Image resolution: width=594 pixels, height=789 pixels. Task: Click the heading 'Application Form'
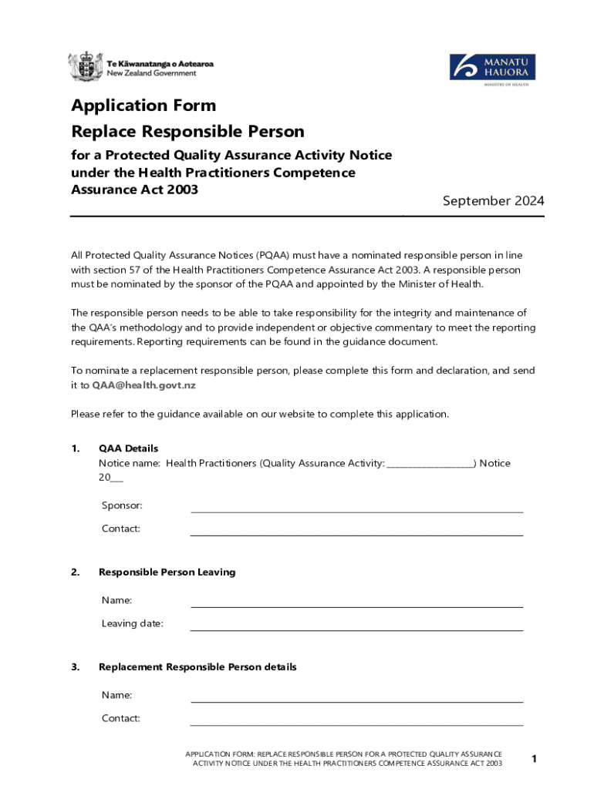click(x=143, y=106)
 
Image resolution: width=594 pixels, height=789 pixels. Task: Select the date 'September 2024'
click(x=493, y=201)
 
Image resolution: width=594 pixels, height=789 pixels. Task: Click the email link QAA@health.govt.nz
click(x=143, y=384)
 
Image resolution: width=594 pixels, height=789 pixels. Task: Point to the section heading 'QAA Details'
click(x=128, y=448)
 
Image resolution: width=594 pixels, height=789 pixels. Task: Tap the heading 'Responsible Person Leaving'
click(x=167, y=572)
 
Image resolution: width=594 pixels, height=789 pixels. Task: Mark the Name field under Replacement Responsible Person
click(x=356, y=698)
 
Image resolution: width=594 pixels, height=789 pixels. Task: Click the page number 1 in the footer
click(x=533, y=760)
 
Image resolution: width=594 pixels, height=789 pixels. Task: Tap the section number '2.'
click(x=76, y=572)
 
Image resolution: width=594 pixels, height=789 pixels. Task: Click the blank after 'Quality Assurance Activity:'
click(x=430, y=465)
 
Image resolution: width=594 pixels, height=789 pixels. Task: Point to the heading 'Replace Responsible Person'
click(x=187, y=132)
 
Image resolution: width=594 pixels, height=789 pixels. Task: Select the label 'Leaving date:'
click(x=132, y=624)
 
